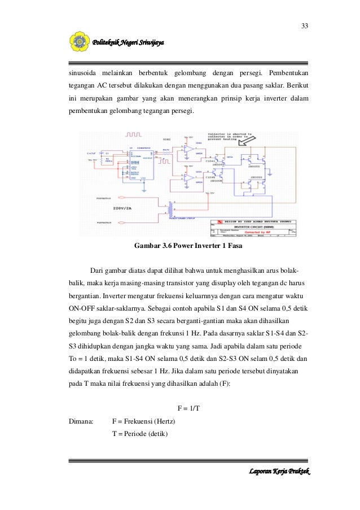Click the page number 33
pos(304,26)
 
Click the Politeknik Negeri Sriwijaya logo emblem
pos(78,42)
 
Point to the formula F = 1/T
pos(189,408)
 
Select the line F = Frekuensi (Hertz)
pos(144,421)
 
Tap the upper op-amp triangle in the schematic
pos(188,150)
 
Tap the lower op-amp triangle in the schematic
pos(188,178)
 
